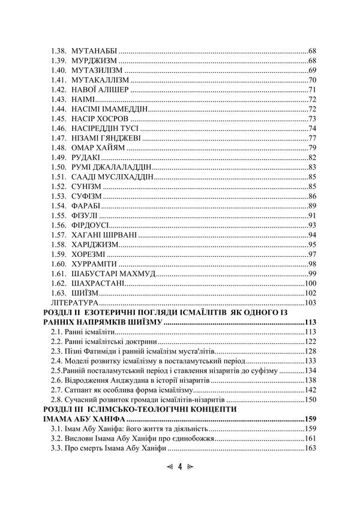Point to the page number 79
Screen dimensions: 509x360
point(312,148)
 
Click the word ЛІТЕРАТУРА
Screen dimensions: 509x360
point(74,303)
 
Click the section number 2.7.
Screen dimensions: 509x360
point(57,390)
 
